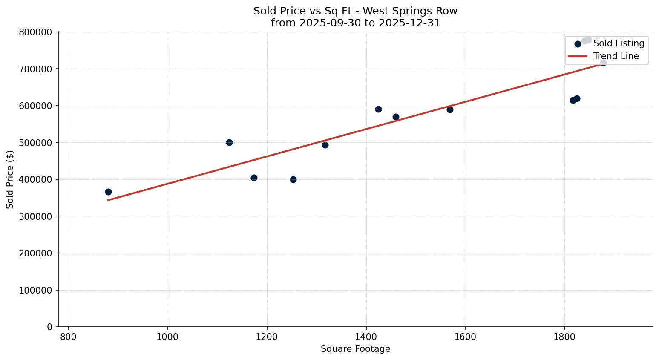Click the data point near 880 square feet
pos(108,192)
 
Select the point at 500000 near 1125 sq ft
pos(229,142)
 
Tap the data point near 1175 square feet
pos(254,178)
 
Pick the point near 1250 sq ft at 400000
pos(293,179)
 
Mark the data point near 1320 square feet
pos(325,145)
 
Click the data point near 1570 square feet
pos(450,109)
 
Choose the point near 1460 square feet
pos(396,117)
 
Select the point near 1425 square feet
pos(378,109)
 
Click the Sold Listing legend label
pos(619,43)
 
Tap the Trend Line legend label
pos(616,56)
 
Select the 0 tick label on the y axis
pos(50,327)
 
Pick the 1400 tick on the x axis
pos(366,336)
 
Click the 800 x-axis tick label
pos(69,336)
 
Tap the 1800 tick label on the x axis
pos(564,336)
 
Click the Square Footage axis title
pos(355,349)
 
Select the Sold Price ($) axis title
pos(10,179)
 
